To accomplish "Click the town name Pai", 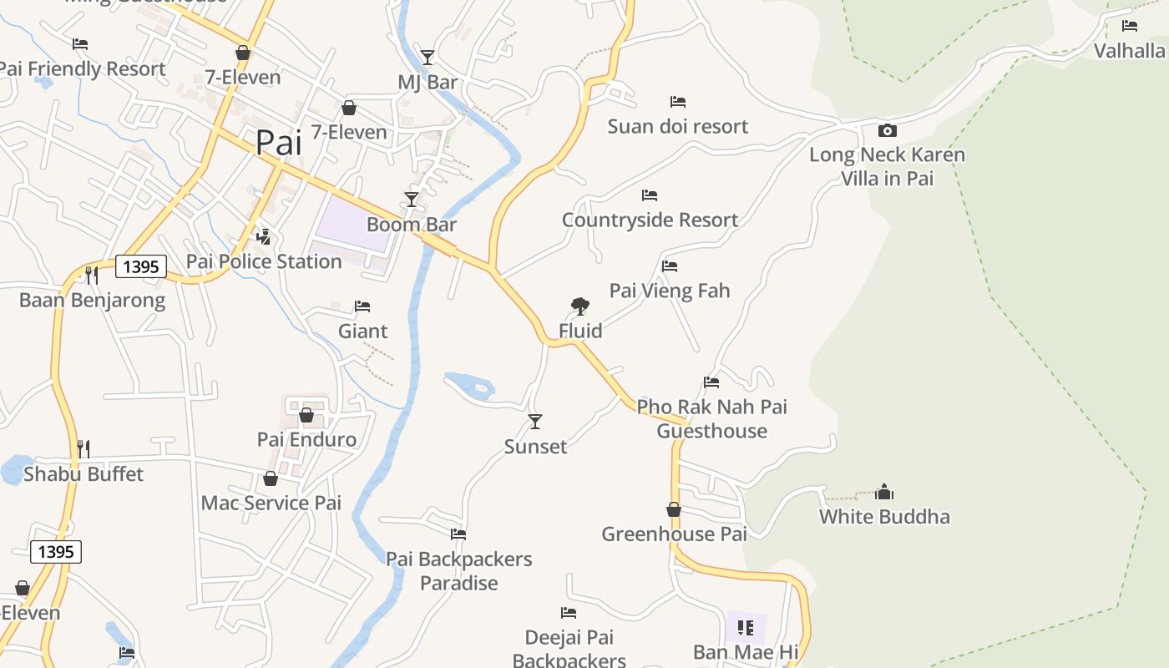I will click(278, 143).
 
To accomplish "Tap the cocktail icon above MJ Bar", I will click(428, 58).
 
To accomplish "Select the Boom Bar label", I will click(412, 225).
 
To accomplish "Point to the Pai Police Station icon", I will click(264, 237).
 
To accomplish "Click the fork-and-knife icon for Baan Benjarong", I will click(92, 275).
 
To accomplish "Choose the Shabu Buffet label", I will click(83, 474).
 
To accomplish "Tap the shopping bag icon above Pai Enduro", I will click(306, 415).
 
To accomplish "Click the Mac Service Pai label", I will click(271, 503).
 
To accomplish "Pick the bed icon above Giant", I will click(362, 306).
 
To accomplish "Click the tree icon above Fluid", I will click(580, 306).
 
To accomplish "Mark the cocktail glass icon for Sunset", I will click(535, 422).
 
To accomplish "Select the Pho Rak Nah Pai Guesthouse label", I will click(711, 419).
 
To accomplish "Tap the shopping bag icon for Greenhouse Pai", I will click(674, 509).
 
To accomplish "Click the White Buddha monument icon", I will click(884, 492).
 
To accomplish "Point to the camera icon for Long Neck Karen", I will click(888, 130).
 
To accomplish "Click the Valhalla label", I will click(1130, 51).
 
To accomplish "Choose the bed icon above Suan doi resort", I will click(678, 102).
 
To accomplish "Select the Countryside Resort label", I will click(650, 220).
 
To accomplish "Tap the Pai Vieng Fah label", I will click(670, 291).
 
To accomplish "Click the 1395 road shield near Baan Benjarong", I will click(141, 267).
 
